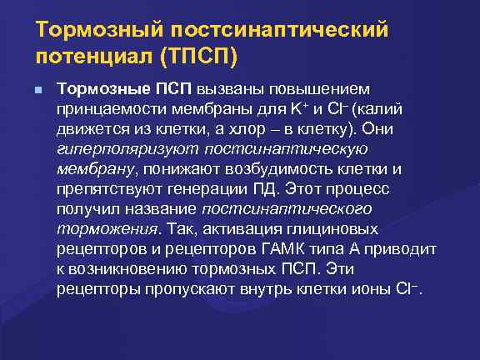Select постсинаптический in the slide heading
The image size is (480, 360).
point(279,31)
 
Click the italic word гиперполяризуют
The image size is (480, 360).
point(112,149)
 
